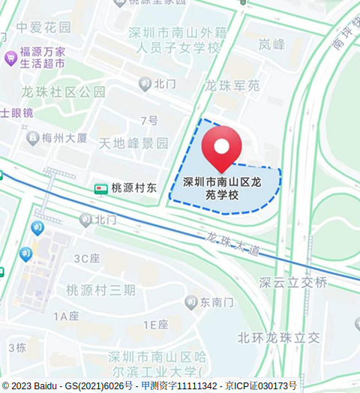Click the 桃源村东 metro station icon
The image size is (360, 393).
100,189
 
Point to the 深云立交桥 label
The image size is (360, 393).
293,283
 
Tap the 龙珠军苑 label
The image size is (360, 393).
232,86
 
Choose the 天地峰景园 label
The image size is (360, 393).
134,142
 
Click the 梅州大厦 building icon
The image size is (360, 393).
33,137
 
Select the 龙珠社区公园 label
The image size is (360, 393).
63,92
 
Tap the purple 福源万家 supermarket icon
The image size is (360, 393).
10,58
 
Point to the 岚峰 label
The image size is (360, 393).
271,44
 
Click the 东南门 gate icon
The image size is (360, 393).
191,302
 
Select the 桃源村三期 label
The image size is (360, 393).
100,290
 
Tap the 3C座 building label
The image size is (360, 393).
86,259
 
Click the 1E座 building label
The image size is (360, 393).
154,325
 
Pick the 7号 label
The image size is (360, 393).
149,121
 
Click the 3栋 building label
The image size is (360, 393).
17,347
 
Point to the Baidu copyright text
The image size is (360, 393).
67,385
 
